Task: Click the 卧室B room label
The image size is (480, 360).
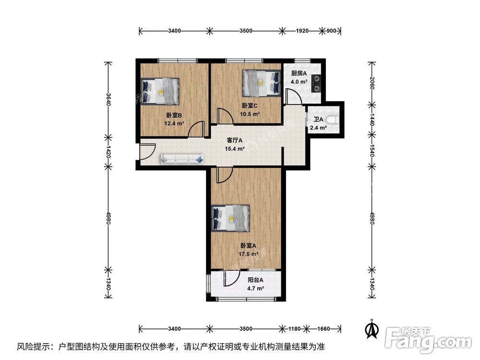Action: (x=174, y=115)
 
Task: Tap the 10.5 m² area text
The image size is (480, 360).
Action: (x=250, y=114)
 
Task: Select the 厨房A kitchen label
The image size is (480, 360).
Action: (x=299, y=74)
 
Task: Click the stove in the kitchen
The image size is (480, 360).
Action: (x=317, y=84)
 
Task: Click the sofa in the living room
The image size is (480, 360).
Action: (x=182, y=158)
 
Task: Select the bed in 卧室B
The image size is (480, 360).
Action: (x=160, y=91)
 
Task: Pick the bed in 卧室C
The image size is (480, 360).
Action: (x=261, y=82)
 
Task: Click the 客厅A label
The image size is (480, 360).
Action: (x=235, y=141)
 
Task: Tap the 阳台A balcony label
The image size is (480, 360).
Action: (x=255, y=280)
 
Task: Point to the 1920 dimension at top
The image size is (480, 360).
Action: (x=302, y=31)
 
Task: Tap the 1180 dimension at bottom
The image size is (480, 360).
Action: (x=294, y=329)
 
